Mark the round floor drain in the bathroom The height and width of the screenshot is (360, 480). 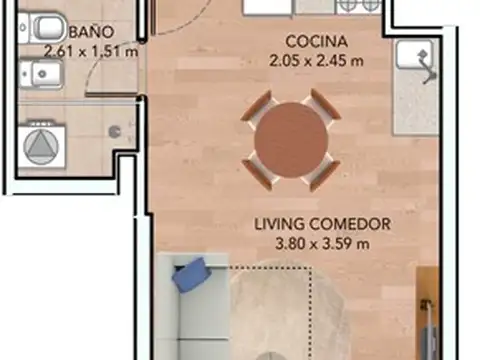(x=113, y=130)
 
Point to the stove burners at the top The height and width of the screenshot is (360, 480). (x=357, y=6)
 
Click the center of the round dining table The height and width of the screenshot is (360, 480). (x=290, y=140)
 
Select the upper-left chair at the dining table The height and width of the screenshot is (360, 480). (x=256, y=107)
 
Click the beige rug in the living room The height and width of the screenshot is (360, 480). (x=290, y=310)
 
